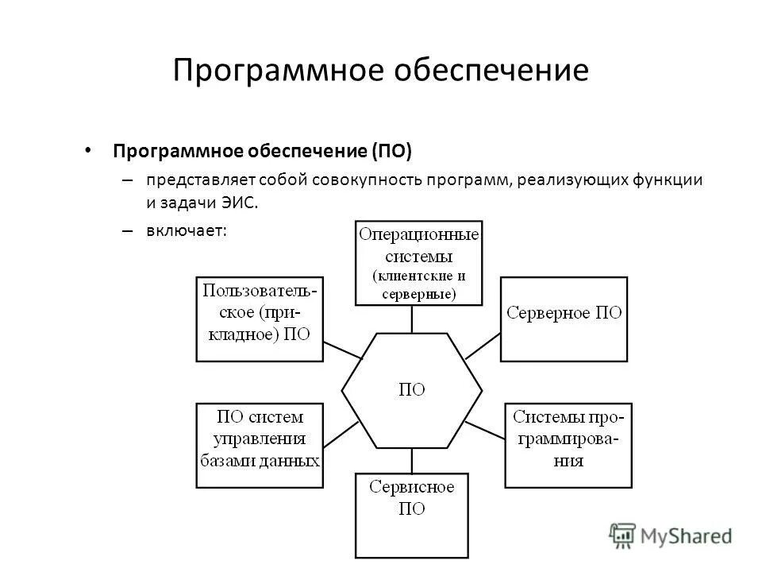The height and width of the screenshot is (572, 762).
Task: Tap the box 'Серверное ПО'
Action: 564,319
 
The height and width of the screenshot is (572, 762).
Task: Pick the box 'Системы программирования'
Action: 568,444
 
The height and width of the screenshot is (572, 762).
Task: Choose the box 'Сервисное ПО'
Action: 412,512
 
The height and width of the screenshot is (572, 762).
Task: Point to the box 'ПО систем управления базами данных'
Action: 260,444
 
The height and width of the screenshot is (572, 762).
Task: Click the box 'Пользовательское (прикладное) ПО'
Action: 260,319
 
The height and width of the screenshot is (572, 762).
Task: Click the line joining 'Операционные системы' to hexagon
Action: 411,319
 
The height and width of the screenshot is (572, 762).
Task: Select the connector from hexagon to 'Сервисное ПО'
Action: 411,460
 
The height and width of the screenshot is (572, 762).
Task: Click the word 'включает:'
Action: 186,230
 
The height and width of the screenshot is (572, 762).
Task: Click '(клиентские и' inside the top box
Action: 418,276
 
